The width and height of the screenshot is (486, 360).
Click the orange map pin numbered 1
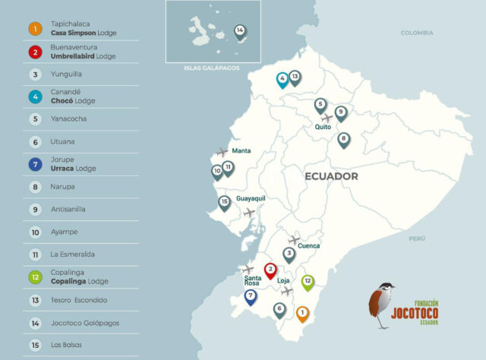302,312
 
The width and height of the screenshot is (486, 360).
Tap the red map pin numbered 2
270,270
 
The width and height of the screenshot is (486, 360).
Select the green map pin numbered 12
308,282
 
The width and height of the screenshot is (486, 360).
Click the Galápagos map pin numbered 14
240,31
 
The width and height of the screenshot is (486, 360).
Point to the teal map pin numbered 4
282,77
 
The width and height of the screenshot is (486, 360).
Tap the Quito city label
323,128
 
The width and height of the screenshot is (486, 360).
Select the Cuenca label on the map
308,245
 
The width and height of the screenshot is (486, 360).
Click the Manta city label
241,150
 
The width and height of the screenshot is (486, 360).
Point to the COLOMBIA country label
417,33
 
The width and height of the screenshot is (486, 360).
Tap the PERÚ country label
417,238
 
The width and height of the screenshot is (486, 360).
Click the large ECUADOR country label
331,176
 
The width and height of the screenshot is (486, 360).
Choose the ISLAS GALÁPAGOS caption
211,68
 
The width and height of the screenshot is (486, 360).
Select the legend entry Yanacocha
69,119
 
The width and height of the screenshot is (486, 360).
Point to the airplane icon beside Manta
222,152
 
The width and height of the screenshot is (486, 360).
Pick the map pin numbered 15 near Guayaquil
224,203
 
